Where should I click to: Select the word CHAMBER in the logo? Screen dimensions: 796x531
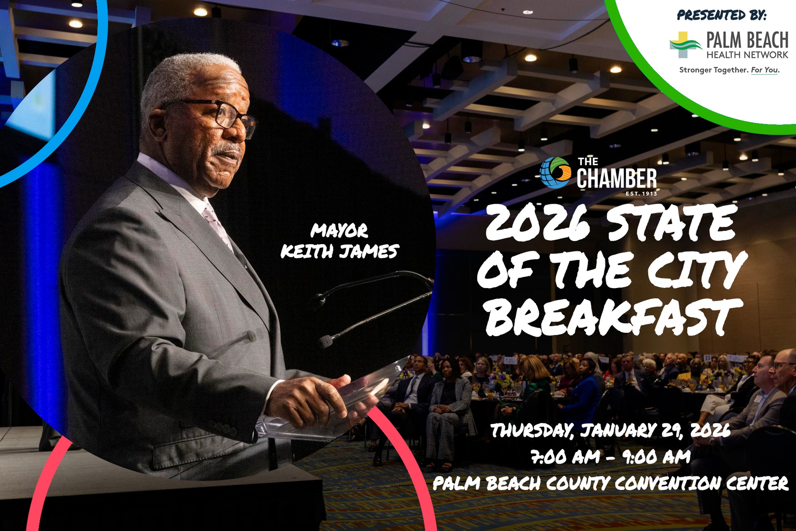point(617,179)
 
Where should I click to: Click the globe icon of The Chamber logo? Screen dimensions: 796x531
point(555,173)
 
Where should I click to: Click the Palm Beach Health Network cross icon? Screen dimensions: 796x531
point(685,45)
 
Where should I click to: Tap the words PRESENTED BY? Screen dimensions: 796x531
point(722,15)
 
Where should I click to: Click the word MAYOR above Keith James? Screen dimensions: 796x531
point(339,231)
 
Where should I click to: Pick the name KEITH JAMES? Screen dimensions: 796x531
point(340,251)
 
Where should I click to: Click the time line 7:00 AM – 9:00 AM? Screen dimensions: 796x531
point(611,457)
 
